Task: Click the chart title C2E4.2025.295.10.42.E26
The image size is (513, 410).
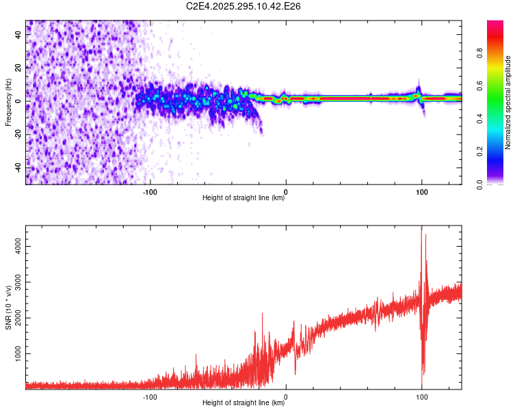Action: [x=244, y=6]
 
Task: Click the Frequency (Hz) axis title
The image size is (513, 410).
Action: [x=8, y=102]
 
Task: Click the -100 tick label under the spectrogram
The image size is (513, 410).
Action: [x=150, y=192]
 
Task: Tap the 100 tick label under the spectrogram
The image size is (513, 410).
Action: [x=422, y=192]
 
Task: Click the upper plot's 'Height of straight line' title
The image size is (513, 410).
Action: [x=244, y=198]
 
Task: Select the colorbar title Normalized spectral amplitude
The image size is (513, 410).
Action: [x=508, y=102]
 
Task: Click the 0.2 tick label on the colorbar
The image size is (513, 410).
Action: [x=480, y=152]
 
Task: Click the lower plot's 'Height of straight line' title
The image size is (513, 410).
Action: [x=244, y=403]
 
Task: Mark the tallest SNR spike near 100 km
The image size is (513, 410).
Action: [x=421, y=228]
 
